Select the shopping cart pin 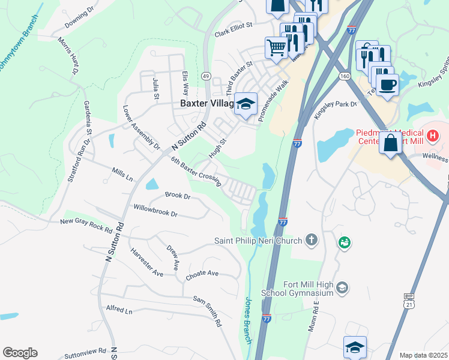coord(276,46)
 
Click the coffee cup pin coord(388,85)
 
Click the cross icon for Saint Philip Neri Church coord(310,241)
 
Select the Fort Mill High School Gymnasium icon coord(342,288)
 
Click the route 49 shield coord(206,76)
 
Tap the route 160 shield coord(344,76)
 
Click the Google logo coord(20,353)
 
